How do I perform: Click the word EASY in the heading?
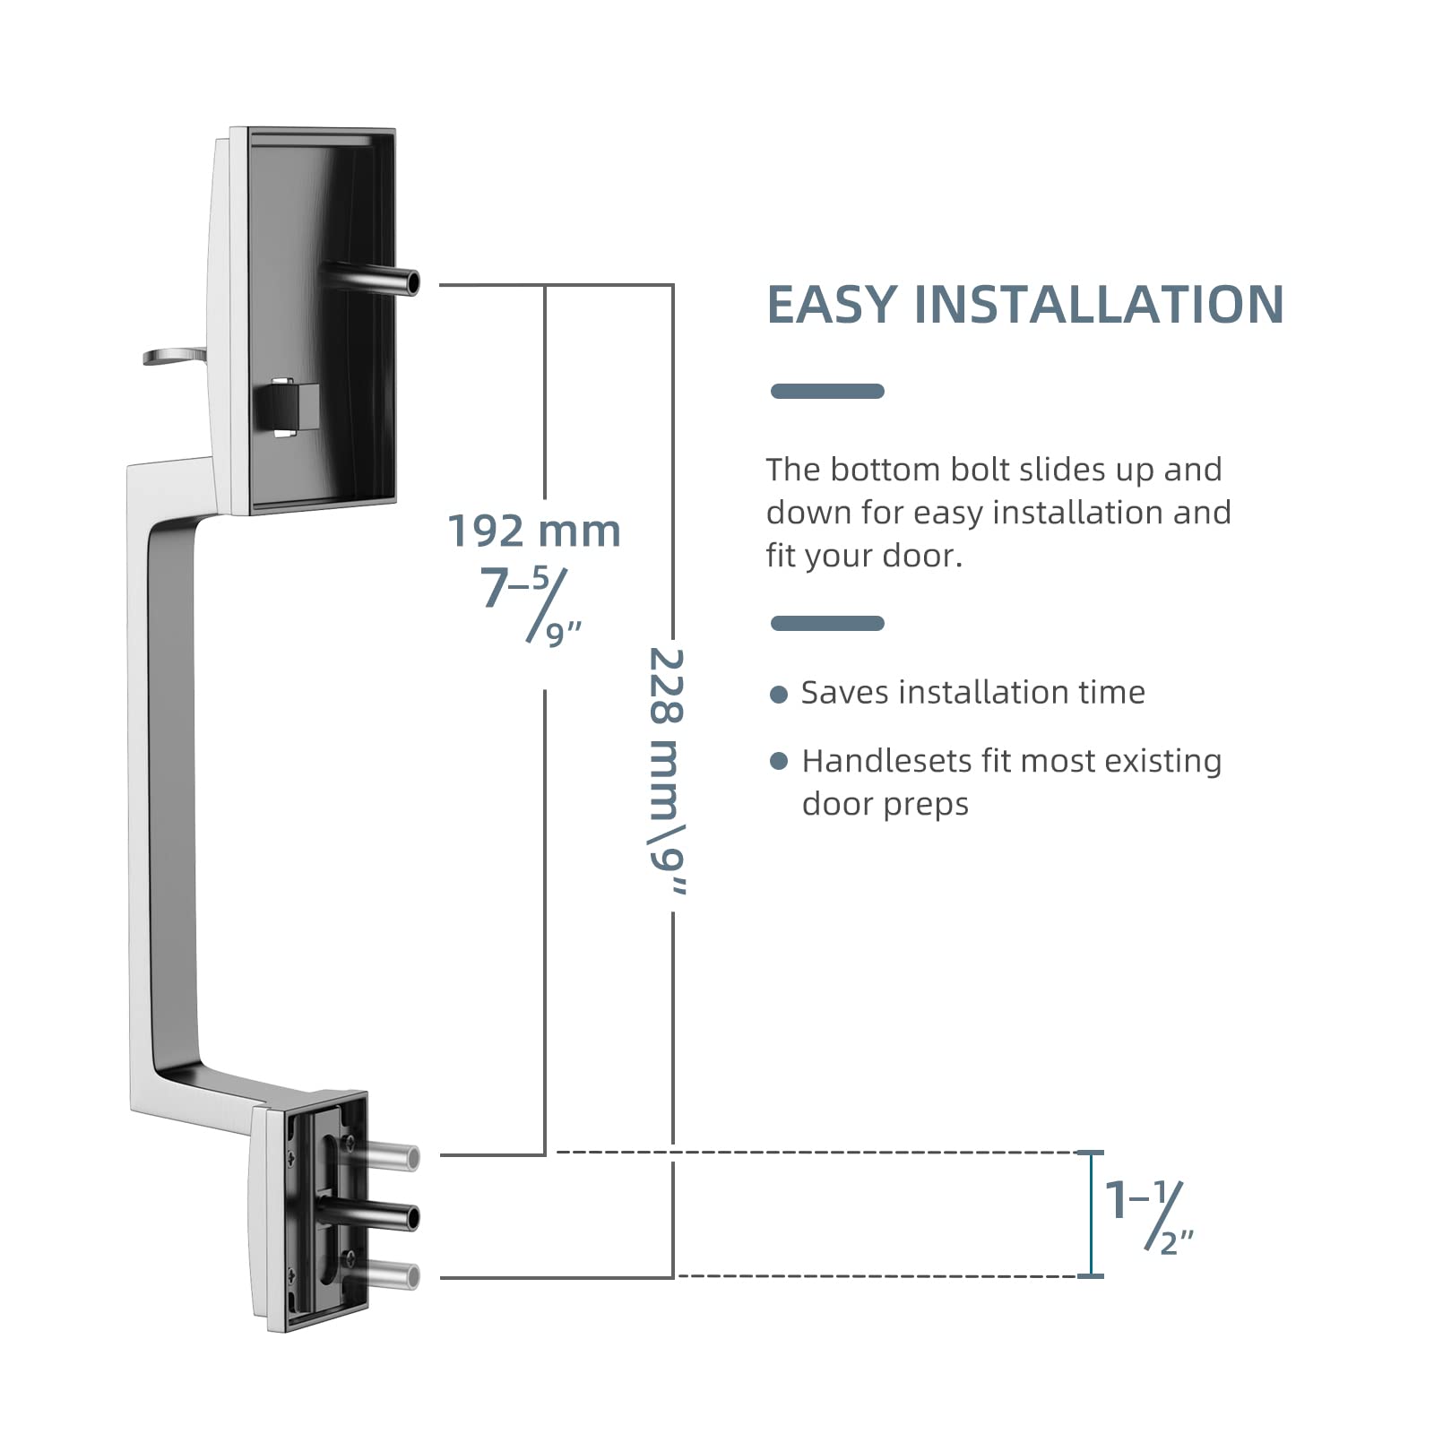pyautogui.click(x=831, y=305)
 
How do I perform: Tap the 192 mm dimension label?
pyautogui.click(x=534, y=531)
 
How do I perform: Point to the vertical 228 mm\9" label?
pyautogui.click(x=667, y=771)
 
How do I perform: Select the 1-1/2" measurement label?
pyautogui.click(x=1148, y=1214)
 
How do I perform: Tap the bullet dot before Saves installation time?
pyautogui.click(x=779, y=694)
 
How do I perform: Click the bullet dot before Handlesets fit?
pyautogui.click(x=779, y=761)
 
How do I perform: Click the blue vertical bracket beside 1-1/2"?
pyautogui.click(x=1091, y=1214)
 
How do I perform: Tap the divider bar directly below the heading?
pyautogui.click(x=827, y=391)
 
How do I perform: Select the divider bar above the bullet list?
pyautogui.click(x=827, y=623)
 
